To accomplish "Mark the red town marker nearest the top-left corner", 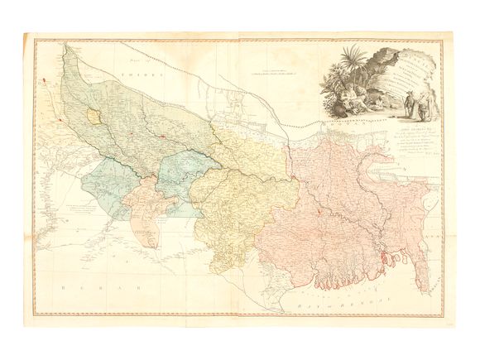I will pyautogui.click(x=42, y=79).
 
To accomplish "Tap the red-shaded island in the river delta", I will pyautogui.click(x=382, y=266).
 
